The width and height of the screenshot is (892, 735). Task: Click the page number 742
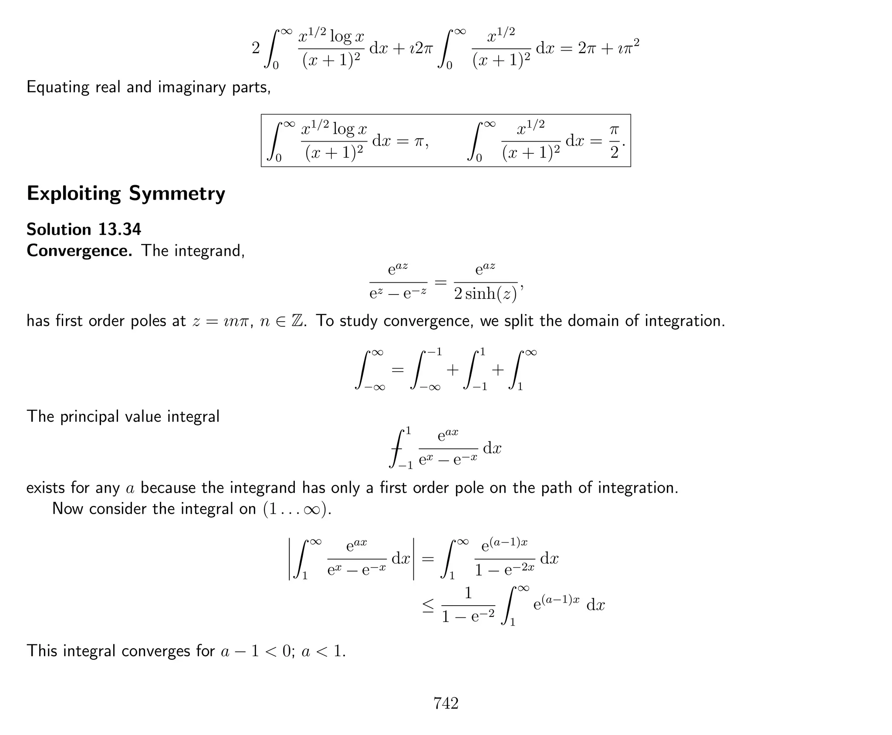(446, 703)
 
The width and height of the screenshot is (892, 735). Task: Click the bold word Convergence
(79, 251)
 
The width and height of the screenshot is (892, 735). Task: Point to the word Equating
(57, 88)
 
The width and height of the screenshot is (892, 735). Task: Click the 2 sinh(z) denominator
(485, 294)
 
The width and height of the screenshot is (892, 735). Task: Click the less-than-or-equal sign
(428, 605)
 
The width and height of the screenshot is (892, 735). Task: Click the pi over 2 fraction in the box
(614, 141)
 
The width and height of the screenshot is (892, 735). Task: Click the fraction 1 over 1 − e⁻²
(468, 605)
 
